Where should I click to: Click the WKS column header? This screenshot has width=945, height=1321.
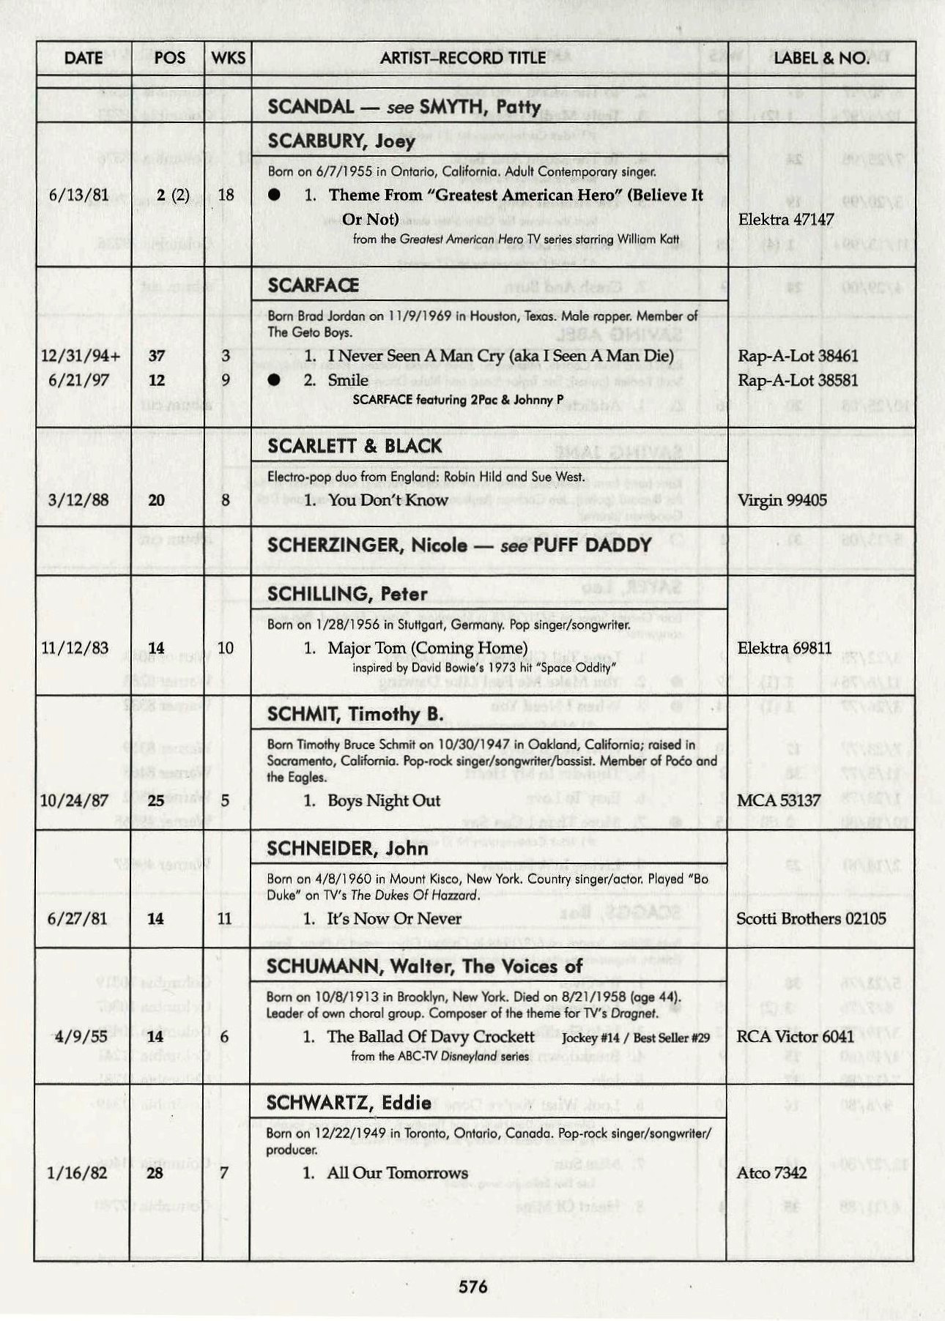pyautogui.click(x=228, y=58)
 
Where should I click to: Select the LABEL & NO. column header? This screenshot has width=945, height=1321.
pyautogui.click(x=820, y=58)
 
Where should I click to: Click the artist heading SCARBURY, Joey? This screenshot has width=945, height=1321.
pyautogui.click(x=341, y=141)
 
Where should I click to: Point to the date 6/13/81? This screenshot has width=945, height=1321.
pyautogui.click(x=78, y=195)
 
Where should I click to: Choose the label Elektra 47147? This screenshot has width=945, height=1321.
pyautogui.click(x=785, y=220)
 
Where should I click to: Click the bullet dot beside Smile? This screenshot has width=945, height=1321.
pyautogui.click(x=274, y=380)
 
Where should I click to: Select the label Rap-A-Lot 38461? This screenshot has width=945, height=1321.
pyautogui.click(x=797, y=356)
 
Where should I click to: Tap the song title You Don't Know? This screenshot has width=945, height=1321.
pyautogui.click(x=388, y=500)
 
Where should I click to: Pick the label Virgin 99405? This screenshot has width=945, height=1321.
pyautogui.click(x=782, y=500)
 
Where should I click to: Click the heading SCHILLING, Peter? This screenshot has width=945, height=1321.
pyautogui.click(x=347, y=594)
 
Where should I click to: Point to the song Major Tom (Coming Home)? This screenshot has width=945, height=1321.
pyautogui.click(x=427, y=648)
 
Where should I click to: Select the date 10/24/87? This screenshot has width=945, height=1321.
pyautogui.click(x=75, y=800)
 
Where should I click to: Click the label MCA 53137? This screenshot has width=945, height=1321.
pyautogui.click(x=778, y=800)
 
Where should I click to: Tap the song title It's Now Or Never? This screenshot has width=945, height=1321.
pyautogui.click(x=394, y=918)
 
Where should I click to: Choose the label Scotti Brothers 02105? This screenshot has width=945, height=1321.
pyautogui.click(x=811, y=918)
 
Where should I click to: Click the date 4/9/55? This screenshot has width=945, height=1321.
pyautogui.click(x=77, y=1037)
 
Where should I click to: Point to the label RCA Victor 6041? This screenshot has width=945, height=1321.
pyautogui.click(x=795, y=1037)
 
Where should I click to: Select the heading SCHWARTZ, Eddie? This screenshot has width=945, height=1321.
pyautogui.click(x=349, y=1104)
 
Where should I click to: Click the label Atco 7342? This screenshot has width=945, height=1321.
pyautogui.click(x=771, y=1173)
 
